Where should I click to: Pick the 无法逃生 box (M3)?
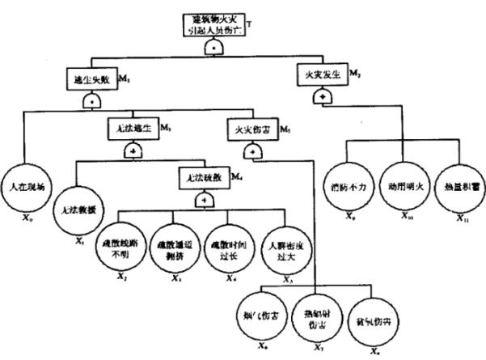pyautogui.click(x=130, y=129)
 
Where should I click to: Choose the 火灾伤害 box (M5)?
pyautogui.click(x=251, y=129)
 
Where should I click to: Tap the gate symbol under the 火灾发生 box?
pyautogui.click(x=323, y=96)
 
